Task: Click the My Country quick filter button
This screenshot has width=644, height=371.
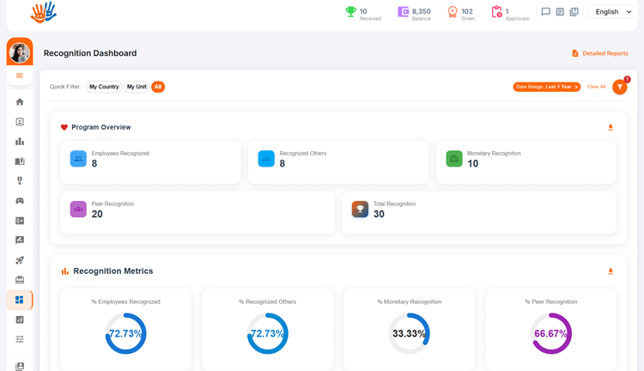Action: pyautogui.click(x=104, y=87)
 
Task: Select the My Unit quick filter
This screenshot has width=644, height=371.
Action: pyautogui.click(x=137, y=87)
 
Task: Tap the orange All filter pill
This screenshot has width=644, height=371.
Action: pyautogui.click(x=158, y=87)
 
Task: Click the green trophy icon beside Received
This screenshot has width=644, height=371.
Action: pyautogui.click(x=350, y=12)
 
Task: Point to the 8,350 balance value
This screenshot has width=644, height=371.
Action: pyautogui.click(x=422, y=11)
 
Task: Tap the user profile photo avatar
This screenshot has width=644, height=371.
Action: pyautogui.click(x=19, y=53)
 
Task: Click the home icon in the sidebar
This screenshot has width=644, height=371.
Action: pyautogui.click(x=19, y=102)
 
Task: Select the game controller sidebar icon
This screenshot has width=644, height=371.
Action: pyautogui.click(x=19, y=201)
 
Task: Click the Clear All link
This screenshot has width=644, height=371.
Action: pyautogui.click(x=597, y=87)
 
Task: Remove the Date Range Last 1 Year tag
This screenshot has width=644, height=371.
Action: pyautogui.click(x=576, y=87)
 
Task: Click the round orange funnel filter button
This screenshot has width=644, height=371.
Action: pyautogui.click(x=619, y=87)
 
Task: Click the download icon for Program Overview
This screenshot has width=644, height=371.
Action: pyautogui.click(x=611, y=127)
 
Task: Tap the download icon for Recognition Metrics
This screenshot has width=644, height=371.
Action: pyautogui.click(x=611, y=271)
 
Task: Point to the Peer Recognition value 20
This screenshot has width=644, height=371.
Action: pyautogui.click(x=97, y=214)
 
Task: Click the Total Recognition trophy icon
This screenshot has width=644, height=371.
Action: pyautogui.click(x=360, y=210)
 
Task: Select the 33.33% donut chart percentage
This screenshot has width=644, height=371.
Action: pyautogui.click(x=409, y=333)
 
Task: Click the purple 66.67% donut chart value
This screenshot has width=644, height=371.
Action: pyautogui.click(x=550, y=333)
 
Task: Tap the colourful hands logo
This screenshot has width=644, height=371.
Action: pyautogui.click(x=44, y=12)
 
